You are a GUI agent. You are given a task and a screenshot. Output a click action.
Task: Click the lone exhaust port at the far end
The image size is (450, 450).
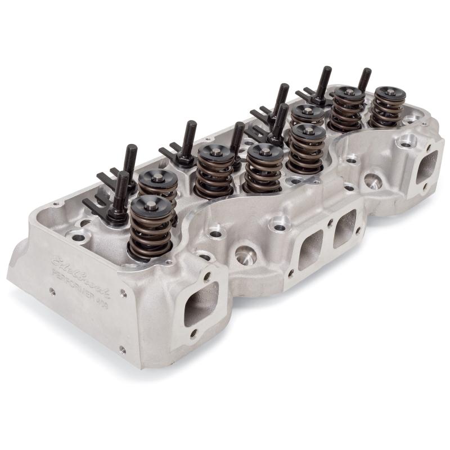coord(427,166)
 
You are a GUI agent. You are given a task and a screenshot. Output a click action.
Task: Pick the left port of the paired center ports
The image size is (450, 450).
coord(310,247)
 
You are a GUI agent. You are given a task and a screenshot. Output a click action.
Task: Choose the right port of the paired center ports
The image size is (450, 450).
coord(345,228)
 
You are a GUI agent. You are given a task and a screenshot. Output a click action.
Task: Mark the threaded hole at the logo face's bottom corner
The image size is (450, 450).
coord(123,349)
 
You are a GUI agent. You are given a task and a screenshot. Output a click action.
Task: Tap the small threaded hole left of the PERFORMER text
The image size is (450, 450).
coord(52,291)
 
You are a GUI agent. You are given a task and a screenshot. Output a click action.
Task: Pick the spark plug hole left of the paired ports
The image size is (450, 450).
coord(246,258)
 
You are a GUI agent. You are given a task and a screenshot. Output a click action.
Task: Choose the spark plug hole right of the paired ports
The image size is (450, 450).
coord(373,181)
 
